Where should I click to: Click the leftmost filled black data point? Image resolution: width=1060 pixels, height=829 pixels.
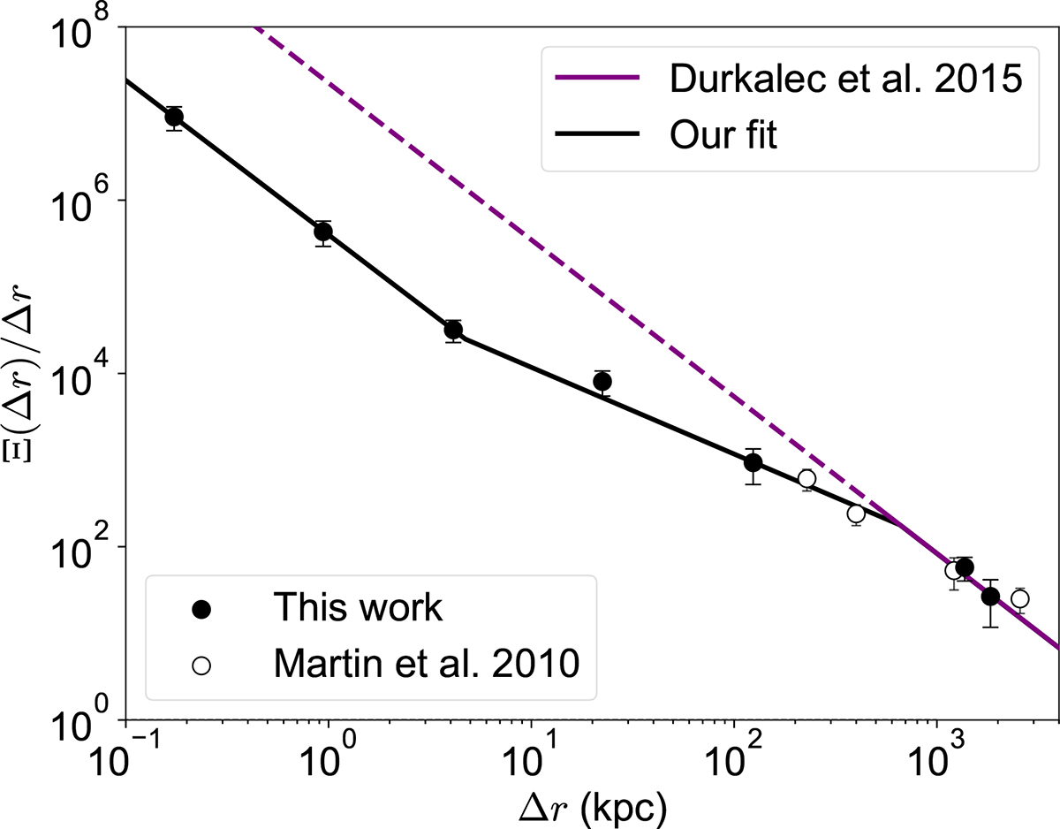pyautogui.click(x=174, y=118)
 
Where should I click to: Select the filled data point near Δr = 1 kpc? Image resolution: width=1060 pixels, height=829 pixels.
pyautogui.click(x=323, y=232)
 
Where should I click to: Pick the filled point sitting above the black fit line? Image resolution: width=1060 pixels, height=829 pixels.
pyautogui.click(x=602, y=381)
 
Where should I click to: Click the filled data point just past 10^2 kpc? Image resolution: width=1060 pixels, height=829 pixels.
pyautogui.click(x=753, y=462)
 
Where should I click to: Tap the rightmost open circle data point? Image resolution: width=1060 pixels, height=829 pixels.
pyautogui.click(x=1019, y=598)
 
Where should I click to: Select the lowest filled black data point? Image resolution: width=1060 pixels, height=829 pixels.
pyautogui.click(x=990, y=597)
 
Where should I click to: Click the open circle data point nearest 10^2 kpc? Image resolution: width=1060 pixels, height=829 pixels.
pyautogui.click(x=806, y=479)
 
